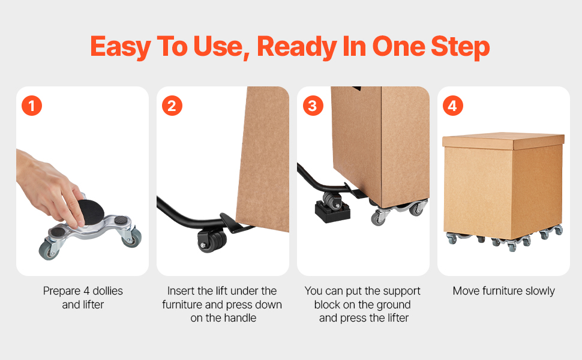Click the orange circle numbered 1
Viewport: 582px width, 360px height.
pyautogui.click(x=32, y=106)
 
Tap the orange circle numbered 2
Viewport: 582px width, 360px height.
pyautogui.click(x=172, y=106)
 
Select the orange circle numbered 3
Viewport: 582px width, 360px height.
pyautogui.click(x=313, y=106)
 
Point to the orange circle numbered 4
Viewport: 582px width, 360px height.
pyautogui.click(x=453, y=106)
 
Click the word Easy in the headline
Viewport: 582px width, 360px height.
pyautogui.click(x=121, y=47)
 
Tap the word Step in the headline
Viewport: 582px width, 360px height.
pyautogui.click(x=460, y=47)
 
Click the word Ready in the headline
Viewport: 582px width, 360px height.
pyautogui.click(x=296, y=47)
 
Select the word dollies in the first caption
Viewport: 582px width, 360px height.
pyautogui.click(x=107, y=290)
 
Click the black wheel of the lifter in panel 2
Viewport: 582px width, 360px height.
pyautogui.click(x=212, y=241)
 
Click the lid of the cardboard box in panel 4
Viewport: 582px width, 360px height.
pyautogui.click(x=503, y=141)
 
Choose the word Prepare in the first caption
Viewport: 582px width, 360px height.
pyautogui.click(x=62, y=292)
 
